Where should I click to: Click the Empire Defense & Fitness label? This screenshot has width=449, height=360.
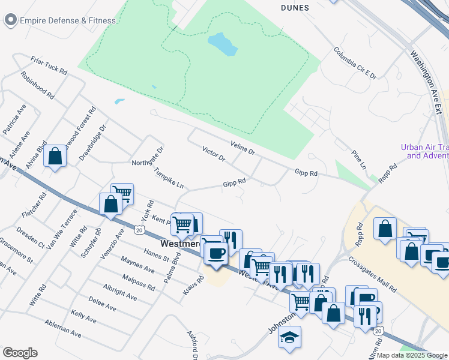coord(68,20)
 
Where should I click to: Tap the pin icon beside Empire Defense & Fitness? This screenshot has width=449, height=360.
coord(10,20)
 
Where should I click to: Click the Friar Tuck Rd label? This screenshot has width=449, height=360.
coord(49,65)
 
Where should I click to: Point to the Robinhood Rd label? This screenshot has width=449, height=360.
coord(37,85)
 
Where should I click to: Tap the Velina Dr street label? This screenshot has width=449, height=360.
coord(243,148)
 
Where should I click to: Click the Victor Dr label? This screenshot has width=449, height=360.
coord(213,154)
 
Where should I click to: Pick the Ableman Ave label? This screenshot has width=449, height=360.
coord(62,328)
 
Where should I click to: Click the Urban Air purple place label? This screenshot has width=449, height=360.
coord(424,152)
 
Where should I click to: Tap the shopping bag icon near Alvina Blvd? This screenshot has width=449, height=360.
coord(55,157)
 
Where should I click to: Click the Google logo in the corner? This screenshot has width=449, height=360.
coord(20,353)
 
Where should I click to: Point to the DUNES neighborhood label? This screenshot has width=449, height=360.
coord(295,8)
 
